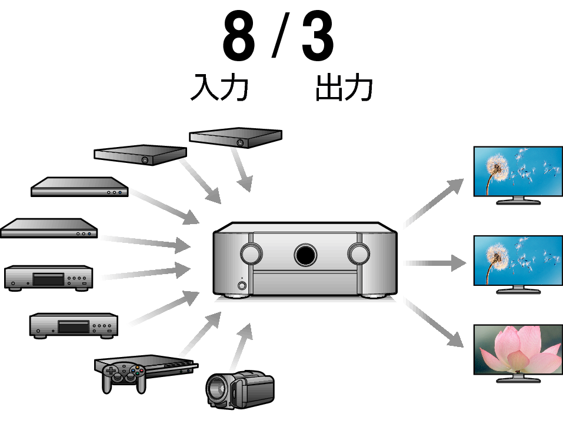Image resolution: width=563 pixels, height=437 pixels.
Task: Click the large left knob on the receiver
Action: (x=251, y=253)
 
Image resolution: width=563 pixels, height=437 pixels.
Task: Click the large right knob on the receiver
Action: (x=358, y=253)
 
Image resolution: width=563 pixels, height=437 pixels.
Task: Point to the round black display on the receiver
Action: (x=305, y=255)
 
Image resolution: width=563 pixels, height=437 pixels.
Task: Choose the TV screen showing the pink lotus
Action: (x=518, y=349)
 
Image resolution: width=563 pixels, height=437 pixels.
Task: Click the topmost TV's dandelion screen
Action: (x=518, y=171)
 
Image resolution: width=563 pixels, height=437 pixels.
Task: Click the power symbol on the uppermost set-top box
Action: (x=240, y=143)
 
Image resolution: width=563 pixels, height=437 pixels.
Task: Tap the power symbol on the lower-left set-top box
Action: (x=145, y=160)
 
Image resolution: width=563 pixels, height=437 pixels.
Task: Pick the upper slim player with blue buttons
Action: (x=79, y=188)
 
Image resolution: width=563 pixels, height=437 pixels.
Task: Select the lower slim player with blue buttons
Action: (x=47, y=228)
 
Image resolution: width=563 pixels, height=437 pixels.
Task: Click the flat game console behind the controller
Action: (x=171, y=365)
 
